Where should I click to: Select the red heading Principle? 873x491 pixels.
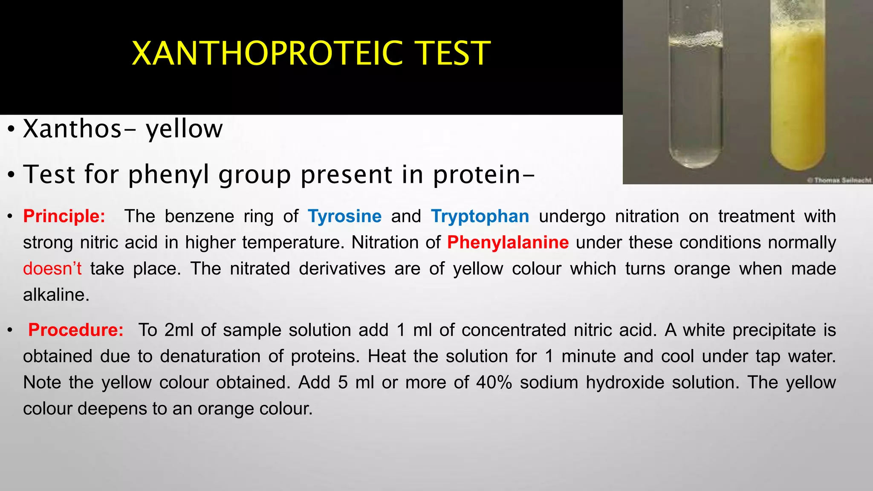(64, 217)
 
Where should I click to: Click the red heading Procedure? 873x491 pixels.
(76, 330)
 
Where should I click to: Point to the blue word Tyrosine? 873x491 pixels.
(344, 217)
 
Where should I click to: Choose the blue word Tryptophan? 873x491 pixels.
(480, 217)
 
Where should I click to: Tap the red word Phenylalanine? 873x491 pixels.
(508, 243)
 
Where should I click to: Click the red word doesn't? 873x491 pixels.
(52, 269)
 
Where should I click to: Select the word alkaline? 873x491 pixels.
(56, 295)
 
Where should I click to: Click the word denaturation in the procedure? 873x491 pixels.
(209, 356)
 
